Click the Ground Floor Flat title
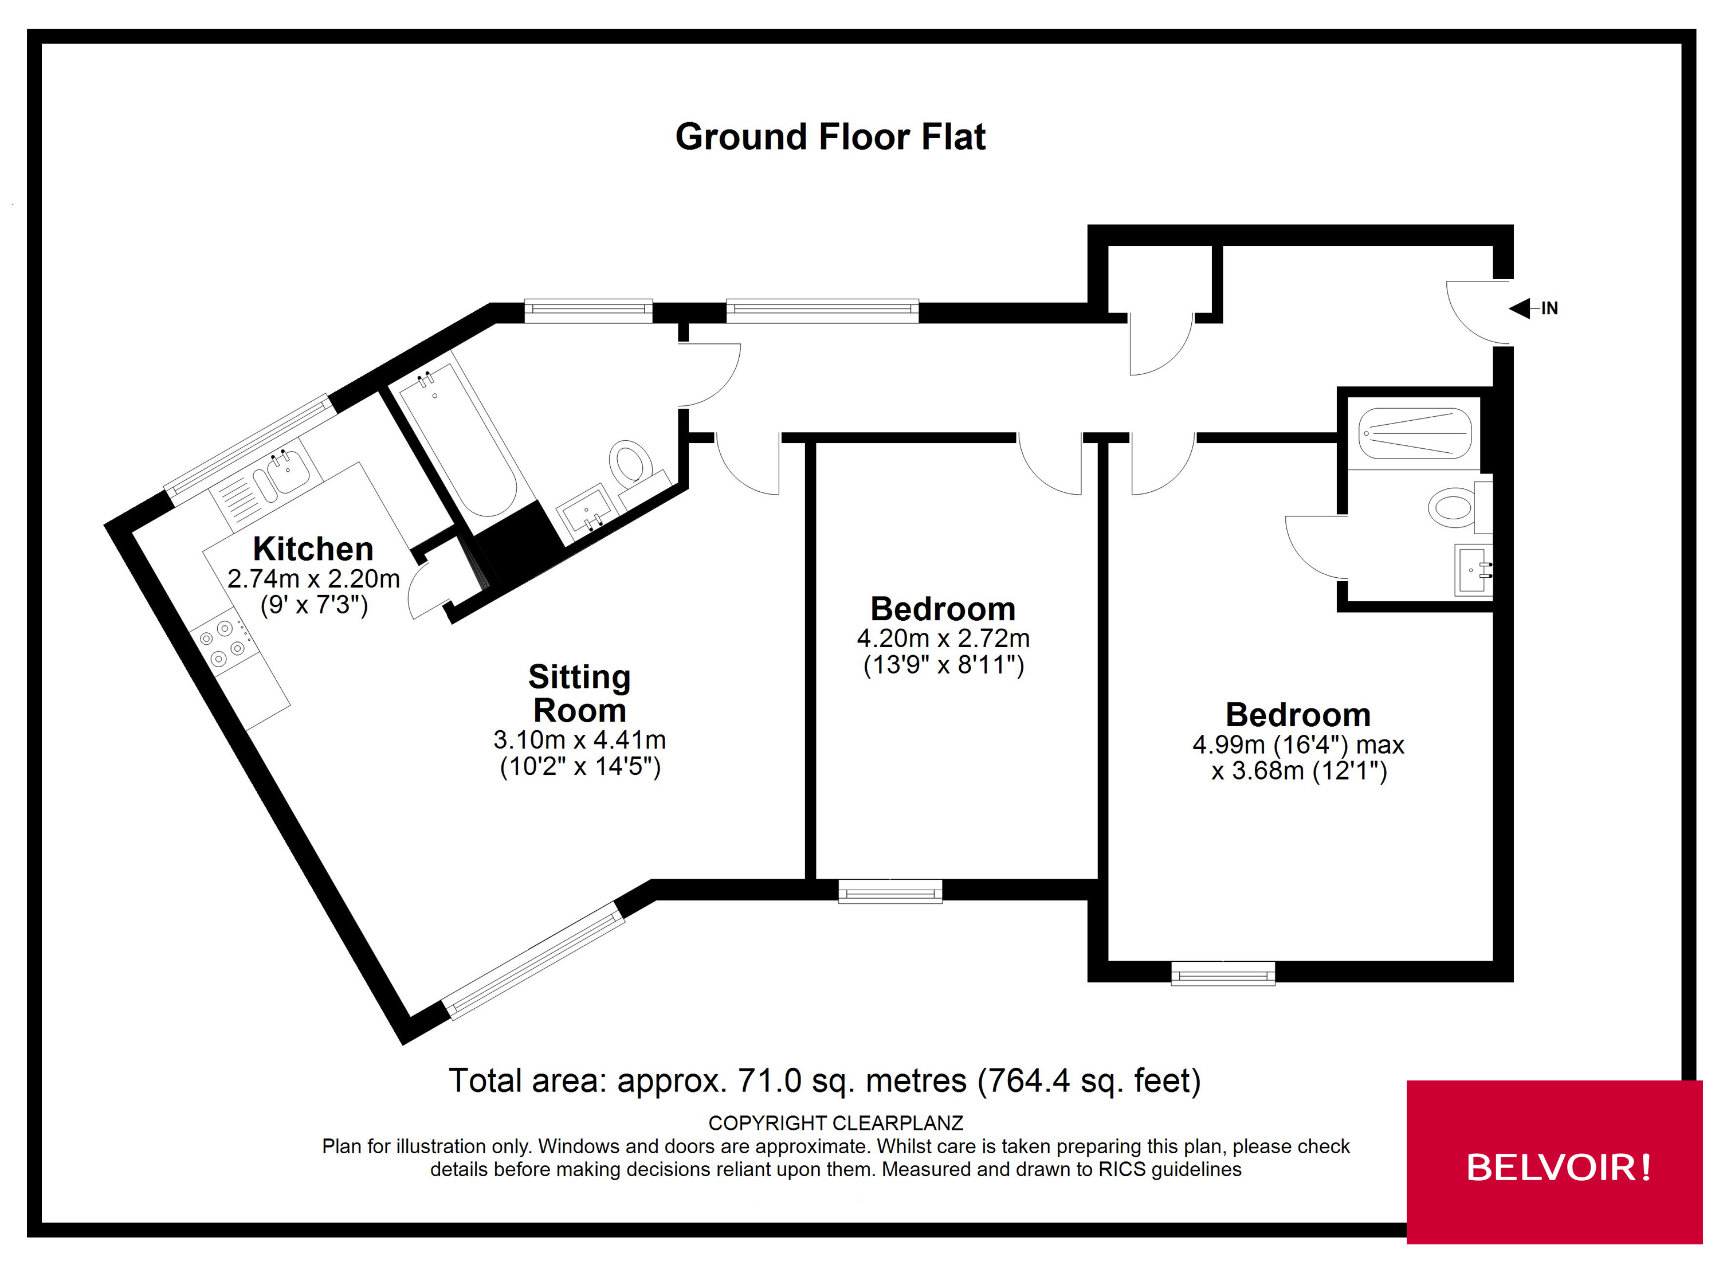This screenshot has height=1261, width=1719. (830, 138)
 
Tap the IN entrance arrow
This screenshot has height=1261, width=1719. (1521, 308)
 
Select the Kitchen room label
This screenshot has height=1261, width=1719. (313, 549)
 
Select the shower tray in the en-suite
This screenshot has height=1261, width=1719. (1415, 433)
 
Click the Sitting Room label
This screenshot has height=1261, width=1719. (579, 693)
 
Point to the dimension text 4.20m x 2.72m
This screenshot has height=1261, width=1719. (943, 638)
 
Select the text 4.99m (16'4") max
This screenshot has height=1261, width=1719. (1298, 744)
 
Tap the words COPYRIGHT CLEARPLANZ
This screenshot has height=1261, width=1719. (835, 1123)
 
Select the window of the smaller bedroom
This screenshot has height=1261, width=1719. (890, 891)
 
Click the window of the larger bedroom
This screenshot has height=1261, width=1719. (1222, 973)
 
